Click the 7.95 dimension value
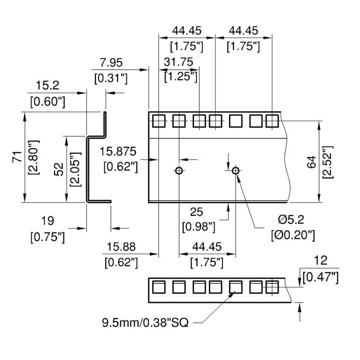point(111,62)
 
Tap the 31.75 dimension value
point(178,62)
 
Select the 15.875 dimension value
point(118,151)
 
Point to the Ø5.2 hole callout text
point(291,219)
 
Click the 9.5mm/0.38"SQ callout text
point(145,322)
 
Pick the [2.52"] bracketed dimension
point(327,162)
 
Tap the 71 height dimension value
point(17,157)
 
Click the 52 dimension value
point(59,169)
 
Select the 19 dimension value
point(48,221)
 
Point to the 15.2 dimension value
point(48,85)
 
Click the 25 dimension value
point(196,212)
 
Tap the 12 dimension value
point(320,260)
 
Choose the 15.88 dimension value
point(121,247)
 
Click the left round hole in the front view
point(179,170)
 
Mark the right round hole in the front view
point(235,170)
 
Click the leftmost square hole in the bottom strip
point(158,287)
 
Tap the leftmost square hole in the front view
point(158,121)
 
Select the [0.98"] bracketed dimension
point(199,227)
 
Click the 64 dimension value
point(311,162)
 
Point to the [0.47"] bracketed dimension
point(320,278)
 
